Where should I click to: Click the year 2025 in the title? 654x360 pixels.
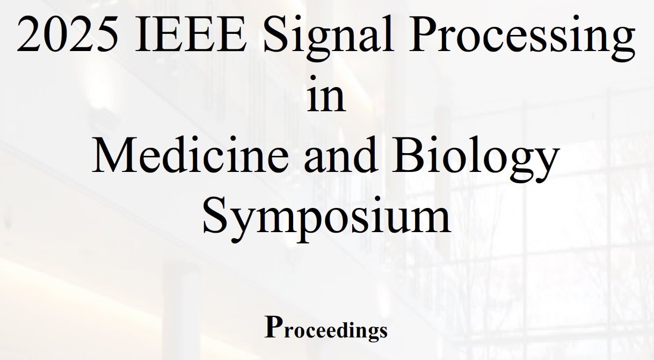click(68, 34)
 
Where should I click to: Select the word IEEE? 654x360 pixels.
click(191, 34)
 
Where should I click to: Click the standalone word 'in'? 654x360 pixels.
click(326, 93)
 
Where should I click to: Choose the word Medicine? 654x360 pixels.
click(191, 154)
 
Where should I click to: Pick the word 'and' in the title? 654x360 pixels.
click(340, 154)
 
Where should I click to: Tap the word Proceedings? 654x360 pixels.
click(326, 329)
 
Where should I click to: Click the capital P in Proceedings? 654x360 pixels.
click(274, 327)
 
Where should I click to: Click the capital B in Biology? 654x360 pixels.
click(406, 154)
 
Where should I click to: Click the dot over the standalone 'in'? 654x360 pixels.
click(313, 79)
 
